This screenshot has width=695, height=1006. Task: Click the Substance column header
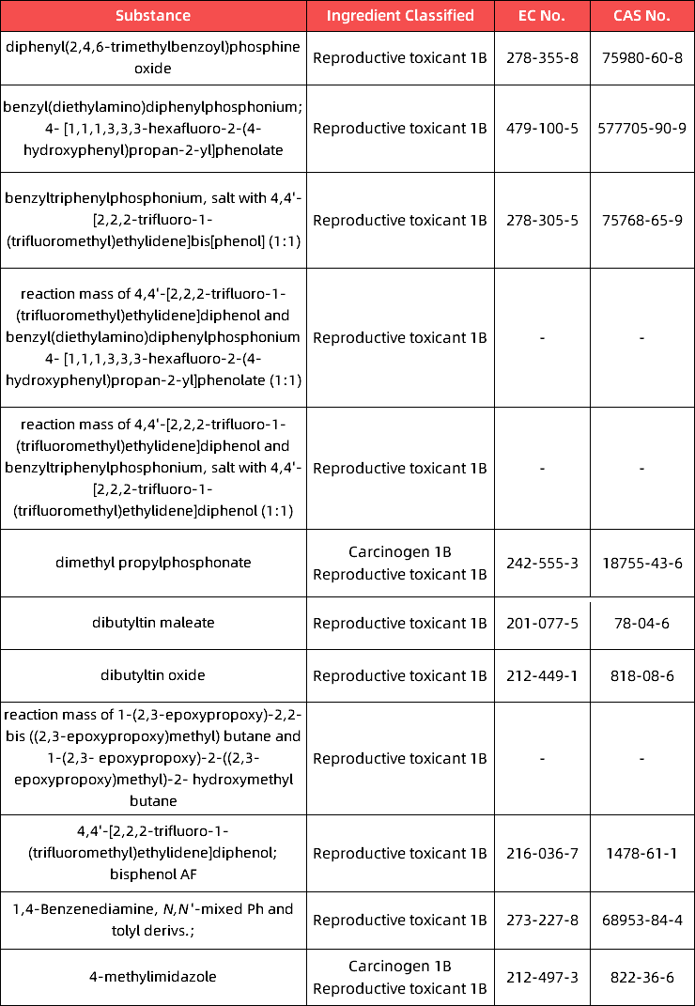[x=153, y=16]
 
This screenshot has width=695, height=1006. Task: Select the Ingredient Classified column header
[x=400, y=16]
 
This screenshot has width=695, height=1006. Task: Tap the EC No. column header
[x=543, y=16]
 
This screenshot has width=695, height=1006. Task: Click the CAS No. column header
[x=641, y=16]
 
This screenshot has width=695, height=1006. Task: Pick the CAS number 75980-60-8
[x=641, y=58]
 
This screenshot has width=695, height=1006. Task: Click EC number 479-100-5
[x=543, y=129]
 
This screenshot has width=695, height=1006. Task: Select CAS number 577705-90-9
[x=641, y=129]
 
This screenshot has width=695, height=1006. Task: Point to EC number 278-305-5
[x=543, y=221]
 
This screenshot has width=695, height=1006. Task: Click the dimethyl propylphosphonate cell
[x=153, y=563]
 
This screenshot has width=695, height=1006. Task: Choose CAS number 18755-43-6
[x=641, y=563]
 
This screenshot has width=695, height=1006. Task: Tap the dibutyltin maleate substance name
[x=153, y=623]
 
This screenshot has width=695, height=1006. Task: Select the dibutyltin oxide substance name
[x=153, y=675]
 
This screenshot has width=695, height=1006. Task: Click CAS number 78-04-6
[x=641, y=623]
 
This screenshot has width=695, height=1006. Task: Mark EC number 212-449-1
[x=543, y=675]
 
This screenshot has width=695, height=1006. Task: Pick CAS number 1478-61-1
[x=641, y=854]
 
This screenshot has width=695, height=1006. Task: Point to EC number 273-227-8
[x=543, y=920]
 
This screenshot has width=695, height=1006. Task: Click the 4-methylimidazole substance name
[x=153, y=977]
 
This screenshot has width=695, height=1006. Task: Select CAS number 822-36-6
[x=641, y=977]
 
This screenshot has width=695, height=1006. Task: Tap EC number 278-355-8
[x=543, y=58]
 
